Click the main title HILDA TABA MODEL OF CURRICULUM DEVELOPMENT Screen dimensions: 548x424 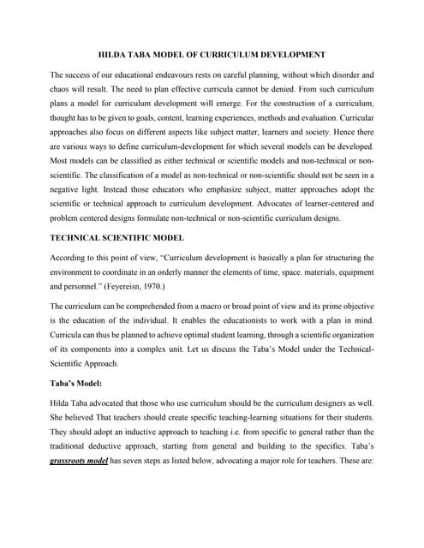pos(212,54)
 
